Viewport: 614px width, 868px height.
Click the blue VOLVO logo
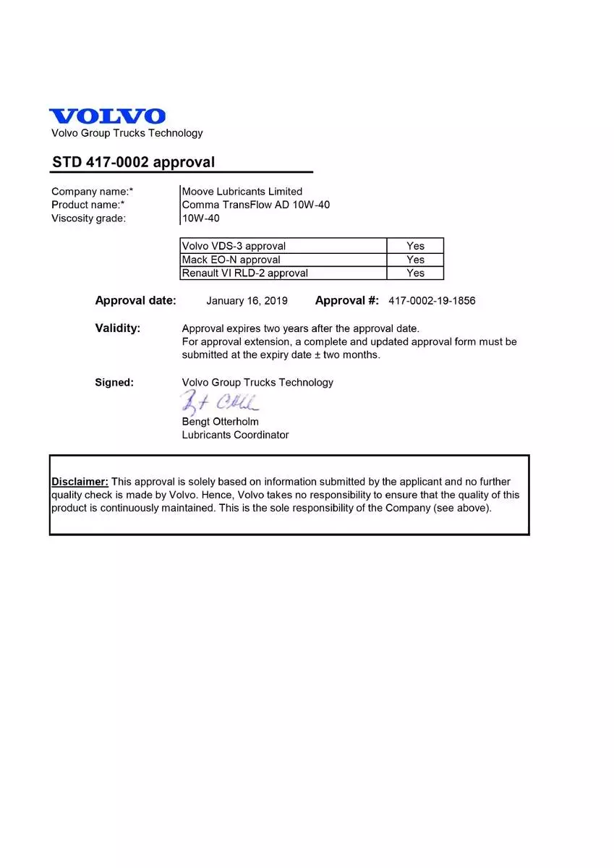107,116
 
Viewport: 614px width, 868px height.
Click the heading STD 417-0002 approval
133,162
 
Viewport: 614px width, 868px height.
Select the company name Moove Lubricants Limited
242,192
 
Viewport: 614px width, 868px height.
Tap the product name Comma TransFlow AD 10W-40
256,205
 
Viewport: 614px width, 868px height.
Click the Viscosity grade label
88,218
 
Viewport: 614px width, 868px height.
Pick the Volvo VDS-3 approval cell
283,246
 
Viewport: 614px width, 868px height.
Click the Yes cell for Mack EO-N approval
415,260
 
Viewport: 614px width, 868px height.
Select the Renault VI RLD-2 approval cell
283,273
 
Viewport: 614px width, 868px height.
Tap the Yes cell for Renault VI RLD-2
415,273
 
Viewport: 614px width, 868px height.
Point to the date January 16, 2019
247,301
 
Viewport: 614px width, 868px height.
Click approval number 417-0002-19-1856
432,301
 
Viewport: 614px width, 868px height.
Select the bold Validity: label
117,328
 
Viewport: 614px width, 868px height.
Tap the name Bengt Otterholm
220,422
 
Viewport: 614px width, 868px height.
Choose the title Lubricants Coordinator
235,435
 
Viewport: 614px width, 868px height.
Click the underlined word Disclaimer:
80,482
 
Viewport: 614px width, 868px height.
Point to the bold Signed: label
114,383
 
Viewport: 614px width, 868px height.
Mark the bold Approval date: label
135,301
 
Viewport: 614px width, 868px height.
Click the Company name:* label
92,192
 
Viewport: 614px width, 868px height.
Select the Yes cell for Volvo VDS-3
415,246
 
